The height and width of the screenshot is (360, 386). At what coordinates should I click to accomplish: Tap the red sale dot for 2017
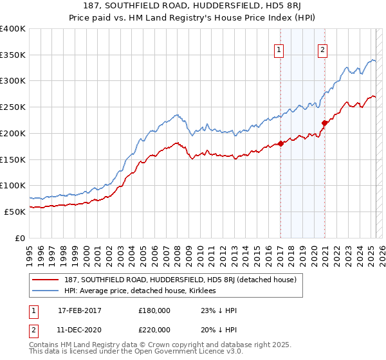[x=281, y=143]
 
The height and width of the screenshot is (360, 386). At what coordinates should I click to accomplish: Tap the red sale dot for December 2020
[x=324, y=123]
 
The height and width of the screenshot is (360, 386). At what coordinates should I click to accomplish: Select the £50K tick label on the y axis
[x=15, y=212]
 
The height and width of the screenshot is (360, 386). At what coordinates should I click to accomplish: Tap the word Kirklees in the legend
[x=205, y=291]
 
